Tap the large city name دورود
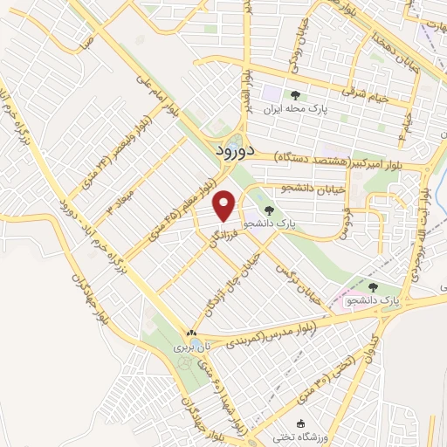pyautogui.click(x=235, y=149)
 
